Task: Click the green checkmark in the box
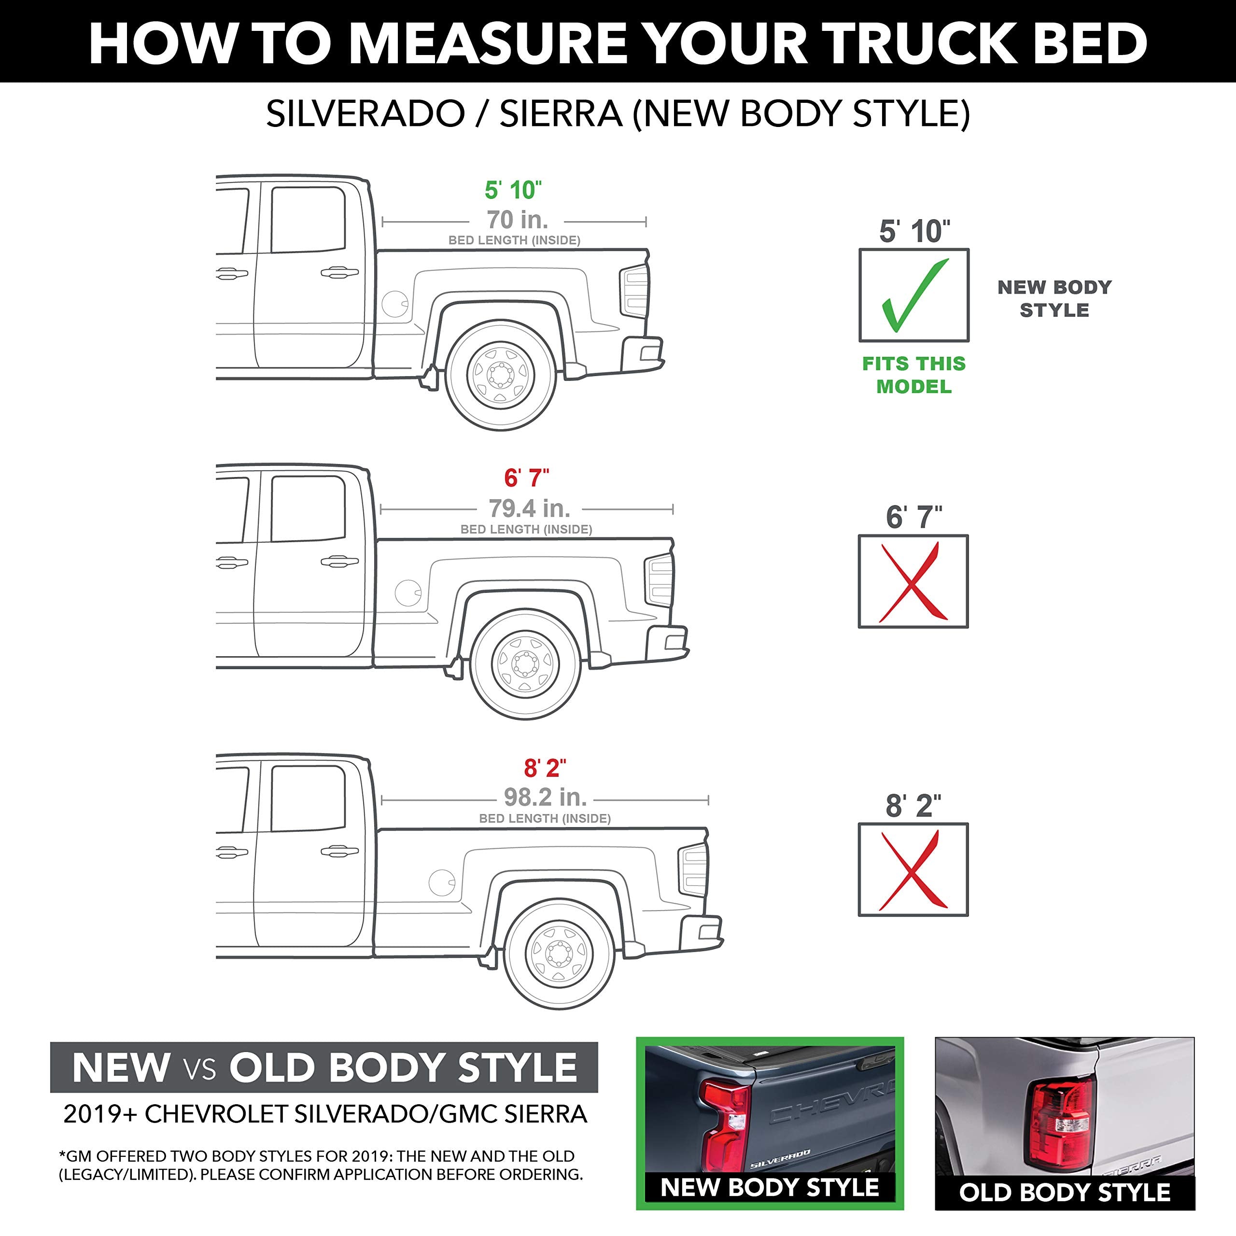point(913,295)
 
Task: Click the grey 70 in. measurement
point(517,220)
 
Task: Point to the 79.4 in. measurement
point(529,508)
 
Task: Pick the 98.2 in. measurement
point(545,797)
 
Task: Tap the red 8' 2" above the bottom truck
point(545,768)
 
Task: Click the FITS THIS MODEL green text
point(913,375)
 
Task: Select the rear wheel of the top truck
point(500,374)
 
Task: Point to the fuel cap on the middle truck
point(408,593)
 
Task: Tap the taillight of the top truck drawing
point(633,291)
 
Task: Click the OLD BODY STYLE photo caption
point(1064,1193)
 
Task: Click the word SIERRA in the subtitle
point(561,114)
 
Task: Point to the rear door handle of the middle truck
point(339,562)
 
